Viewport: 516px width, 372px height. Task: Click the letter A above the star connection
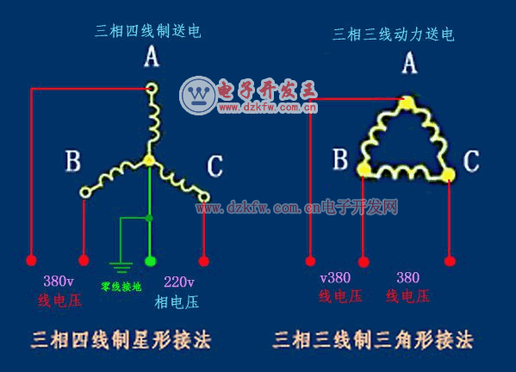pos(152,56)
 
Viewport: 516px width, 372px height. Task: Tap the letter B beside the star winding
pos(73,161)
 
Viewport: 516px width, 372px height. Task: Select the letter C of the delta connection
pos(471,161)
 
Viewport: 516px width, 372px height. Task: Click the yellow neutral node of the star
pos(149,161)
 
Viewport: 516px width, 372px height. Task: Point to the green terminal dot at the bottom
pos(151,261)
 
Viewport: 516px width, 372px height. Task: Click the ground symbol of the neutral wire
pos(121,268)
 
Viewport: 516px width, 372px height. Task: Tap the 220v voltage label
pos(178,282)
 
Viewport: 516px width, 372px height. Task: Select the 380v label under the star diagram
pos(59,282)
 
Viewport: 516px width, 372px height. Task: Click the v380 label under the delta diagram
pos(335,278)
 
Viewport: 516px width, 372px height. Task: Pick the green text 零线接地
pos(121,287)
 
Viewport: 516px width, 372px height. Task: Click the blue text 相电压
pos(177,302)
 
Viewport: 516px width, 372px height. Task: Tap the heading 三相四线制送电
pos(148,31)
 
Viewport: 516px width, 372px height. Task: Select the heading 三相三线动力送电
pos(394,34)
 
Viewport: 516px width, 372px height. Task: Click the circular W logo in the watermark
pos(198,96)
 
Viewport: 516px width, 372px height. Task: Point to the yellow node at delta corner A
pos(407,102)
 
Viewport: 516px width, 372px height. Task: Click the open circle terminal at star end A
pos(152,89)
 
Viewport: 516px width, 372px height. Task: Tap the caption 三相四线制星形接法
pos(121,340)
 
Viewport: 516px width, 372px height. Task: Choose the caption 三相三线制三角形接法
pos(373,340)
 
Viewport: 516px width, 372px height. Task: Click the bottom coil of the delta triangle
pos(406,172)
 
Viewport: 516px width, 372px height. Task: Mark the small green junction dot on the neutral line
pos(149,218)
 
